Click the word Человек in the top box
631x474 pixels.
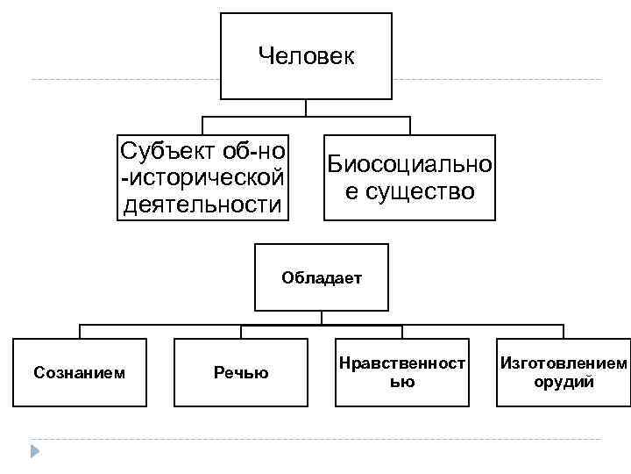coord(306,57)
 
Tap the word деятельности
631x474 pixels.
coord(202,205)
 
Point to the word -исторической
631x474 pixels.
coord(202,177)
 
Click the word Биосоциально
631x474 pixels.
coord(409,164)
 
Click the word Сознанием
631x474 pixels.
coord(79,373)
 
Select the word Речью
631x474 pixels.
coord(241,373)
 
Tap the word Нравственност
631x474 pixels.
coord(402,363)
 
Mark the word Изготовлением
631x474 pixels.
coord(564,363)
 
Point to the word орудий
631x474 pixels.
coord(564,382)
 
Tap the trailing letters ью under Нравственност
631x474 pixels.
coord(402,382)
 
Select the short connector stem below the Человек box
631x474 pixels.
coord(306,108)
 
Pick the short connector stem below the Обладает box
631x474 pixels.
coord(322,317)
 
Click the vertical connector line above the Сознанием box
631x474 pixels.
coord(80,331)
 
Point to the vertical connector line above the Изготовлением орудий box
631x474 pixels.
coord(562,331)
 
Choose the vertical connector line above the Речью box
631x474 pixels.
coord(241,331)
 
